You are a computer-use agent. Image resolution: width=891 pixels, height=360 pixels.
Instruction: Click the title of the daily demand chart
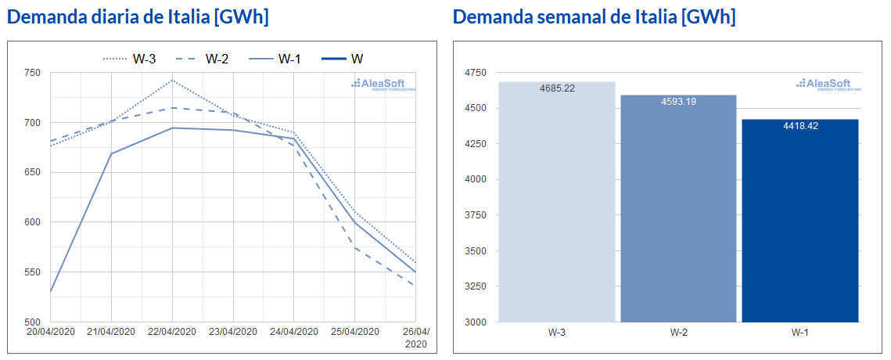tap(138, 17)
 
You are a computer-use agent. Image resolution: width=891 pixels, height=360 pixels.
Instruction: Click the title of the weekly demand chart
tap(595, 17)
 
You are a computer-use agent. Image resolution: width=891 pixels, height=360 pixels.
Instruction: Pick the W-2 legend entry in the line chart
tap(202, 59)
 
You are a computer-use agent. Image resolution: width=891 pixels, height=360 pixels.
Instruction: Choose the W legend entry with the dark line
tap(343, 59)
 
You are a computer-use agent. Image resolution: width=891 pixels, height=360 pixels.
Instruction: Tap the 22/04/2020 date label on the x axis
tap(172, 332)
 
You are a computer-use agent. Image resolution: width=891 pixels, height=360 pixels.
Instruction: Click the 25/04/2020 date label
tap(354, 332)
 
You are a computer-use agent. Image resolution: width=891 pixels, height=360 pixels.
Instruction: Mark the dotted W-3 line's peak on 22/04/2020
tap(172, 80)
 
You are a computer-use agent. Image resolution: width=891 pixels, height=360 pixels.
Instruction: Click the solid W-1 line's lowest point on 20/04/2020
tap(51, 291)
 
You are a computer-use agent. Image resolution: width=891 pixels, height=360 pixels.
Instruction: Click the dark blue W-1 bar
tap(800, 221)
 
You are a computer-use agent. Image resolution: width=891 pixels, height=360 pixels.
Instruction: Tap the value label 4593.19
tap(678, 102)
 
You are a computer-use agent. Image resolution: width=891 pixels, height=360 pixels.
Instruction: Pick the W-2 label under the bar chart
tap(678, 332)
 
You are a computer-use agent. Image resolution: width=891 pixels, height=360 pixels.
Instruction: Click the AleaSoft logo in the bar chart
tap(828, 85)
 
